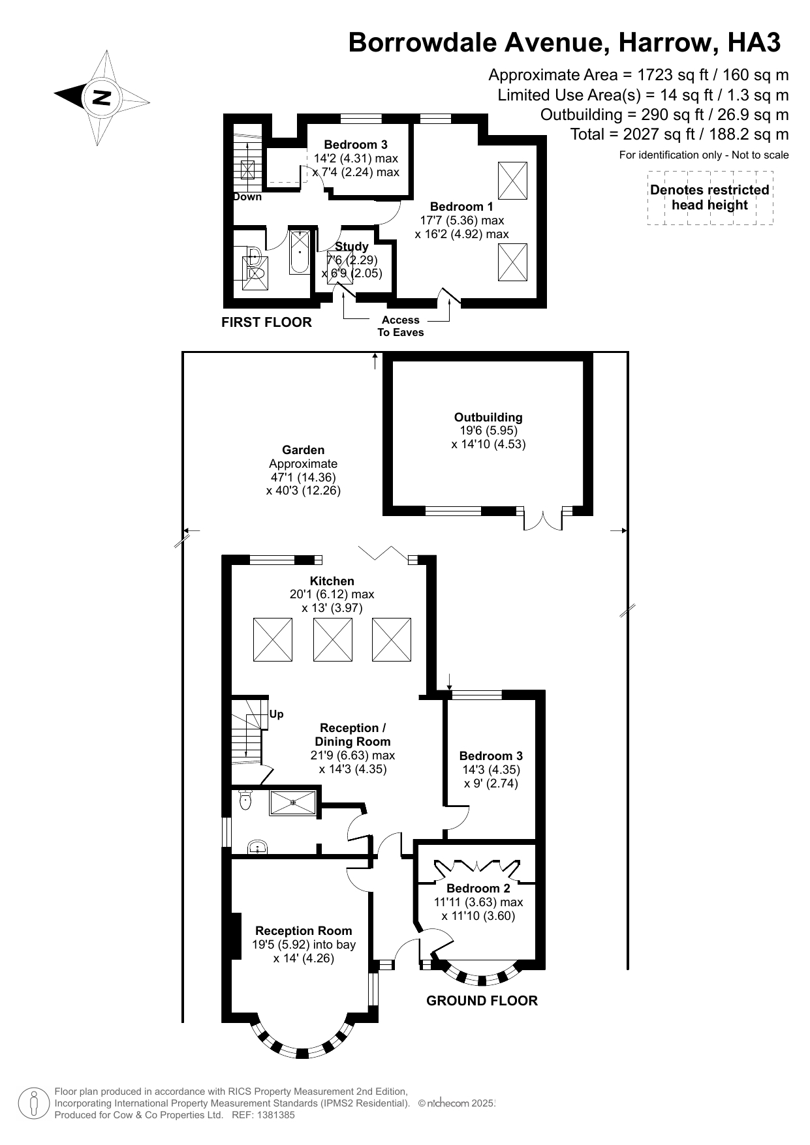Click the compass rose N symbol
click(101, 98)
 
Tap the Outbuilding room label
click(488, 418)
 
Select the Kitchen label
click(332, 581)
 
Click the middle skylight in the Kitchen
click(333, 639)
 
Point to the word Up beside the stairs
click(276, 714)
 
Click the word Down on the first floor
click(247, 197)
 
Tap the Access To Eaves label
click(400, 326)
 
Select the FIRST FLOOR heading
click(266, 322)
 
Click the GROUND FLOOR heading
click(482, 1001)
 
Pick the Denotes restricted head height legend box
click(709, 198)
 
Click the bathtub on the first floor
click(300, 251)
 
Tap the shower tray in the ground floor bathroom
click(293, 802)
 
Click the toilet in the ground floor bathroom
click(245, 799)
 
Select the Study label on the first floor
click(351, 247)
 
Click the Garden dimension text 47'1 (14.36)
click(304, 478)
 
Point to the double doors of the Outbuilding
click(543, 519)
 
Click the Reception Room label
click(304, 931)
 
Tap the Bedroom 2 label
click(478, 889)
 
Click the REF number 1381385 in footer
click(277, 1115)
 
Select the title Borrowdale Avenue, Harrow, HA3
click(564, 42)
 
